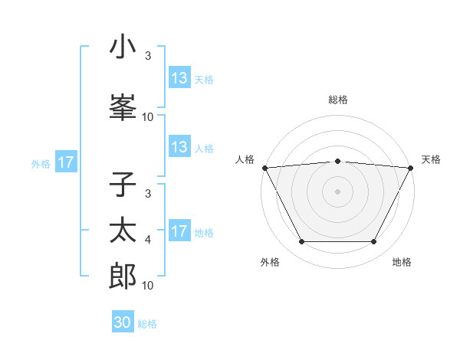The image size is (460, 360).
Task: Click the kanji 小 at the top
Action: pos(123,47)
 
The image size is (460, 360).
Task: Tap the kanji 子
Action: pos(123,185)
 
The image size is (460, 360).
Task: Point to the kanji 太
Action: pos(123,231)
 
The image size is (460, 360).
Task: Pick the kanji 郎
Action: pos(123,276)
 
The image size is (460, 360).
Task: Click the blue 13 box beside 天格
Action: pos(179,78)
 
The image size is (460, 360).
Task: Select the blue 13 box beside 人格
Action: pos(179,147)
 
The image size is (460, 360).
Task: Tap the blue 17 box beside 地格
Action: pos(179,231)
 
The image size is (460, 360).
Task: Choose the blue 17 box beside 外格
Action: pos(65,162)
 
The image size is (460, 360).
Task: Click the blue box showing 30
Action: pos(123,322)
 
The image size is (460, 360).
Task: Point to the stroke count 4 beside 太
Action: pos(148,241)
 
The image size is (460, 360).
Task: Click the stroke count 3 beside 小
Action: pos(148,56)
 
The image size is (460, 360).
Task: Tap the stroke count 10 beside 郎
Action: pos(148,286)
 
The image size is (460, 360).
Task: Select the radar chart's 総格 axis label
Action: pos(337,100)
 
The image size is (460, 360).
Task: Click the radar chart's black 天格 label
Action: pos(431,159)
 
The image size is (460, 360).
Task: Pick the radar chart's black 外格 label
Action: pos(270,262)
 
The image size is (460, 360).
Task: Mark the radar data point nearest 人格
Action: pos(264,167)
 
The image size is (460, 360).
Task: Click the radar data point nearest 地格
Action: pos(374,242)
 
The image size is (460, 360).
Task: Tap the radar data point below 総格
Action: pos(337,161)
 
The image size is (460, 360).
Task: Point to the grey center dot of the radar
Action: pos(337,191)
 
